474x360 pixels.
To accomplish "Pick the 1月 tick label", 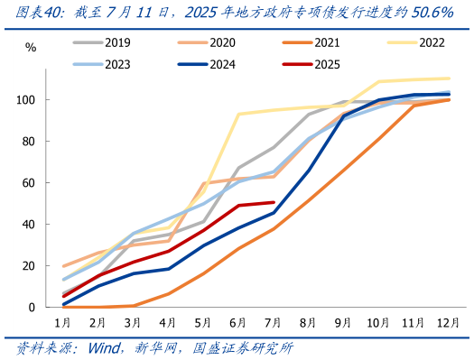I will pos(63,322).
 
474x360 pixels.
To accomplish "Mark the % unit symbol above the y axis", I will pos(31,47).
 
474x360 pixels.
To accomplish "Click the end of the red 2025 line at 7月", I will pos(274,202).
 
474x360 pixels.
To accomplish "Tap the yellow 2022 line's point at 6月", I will pos(238,114).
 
